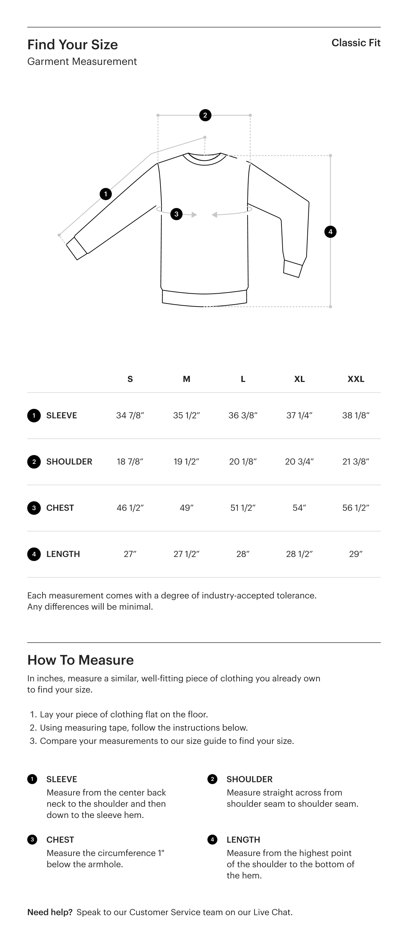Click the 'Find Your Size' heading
(x=72, y=45)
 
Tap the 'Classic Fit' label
(x=356, y=43)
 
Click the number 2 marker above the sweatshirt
(x=205, y=115)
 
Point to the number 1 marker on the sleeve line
(x=106, y=194)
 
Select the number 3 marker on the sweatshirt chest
(x=176, y=214)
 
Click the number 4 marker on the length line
(x=330, y=232)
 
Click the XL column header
(x=299, y=379)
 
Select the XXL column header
(x=356, y=379)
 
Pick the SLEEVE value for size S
(x=130, y=416)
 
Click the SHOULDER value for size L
(x=243, y=461)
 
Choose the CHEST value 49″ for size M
(x=186, y=508)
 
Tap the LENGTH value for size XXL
(x=356, y=554)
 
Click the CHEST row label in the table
(x=60, y=508)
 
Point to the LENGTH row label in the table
(x=63, y=554)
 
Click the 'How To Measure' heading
(x=81, y=660)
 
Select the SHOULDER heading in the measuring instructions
(x=250, y=779)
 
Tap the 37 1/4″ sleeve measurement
(x=299, y=416)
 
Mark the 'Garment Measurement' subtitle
(x=82, y=62)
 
